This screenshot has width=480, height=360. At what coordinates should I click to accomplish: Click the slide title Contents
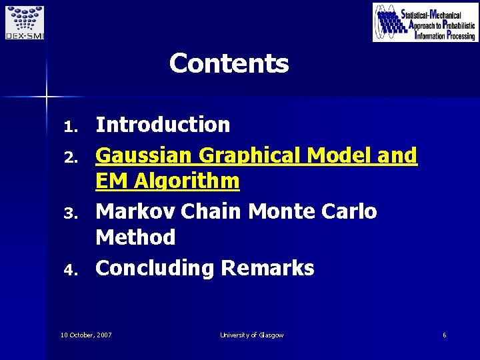pyautogui.click(x=229, y=64)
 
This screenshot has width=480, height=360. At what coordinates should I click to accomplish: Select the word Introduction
pyautogui.click(x=163, y=125)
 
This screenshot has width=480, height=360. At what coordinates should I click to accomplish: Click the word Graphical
pyautogui.click(x=251, y=155)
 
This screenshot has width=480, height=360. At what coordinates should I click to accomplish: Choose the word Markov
pyautogui.click(x=135, y=211)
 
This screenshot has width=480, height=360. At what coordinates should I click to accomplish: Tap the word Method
pyautogui.click(x=135, y=237)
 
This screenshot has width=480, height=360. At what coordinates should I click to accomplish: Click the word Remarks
pyautogui.click(x=267, y=268)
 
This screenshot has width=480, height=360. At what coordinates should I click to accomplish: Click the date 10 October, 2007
pyautogui.click(x=86, y=335)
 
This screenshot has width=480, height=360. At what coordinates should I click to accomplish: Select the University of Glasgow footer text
pyautogui.click(x=251, y=335)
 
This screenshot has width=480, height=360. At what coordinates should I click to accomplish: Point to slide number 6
pyautogui.click(x=444, y=335)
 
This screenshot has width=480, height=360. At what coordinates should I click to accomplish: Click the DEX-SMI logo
pyautogui.click(x=23, y=22)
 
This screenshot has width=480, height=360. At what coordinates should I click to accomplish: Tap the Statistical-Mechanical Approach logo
pyautogui.click(x=425, y=22)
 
